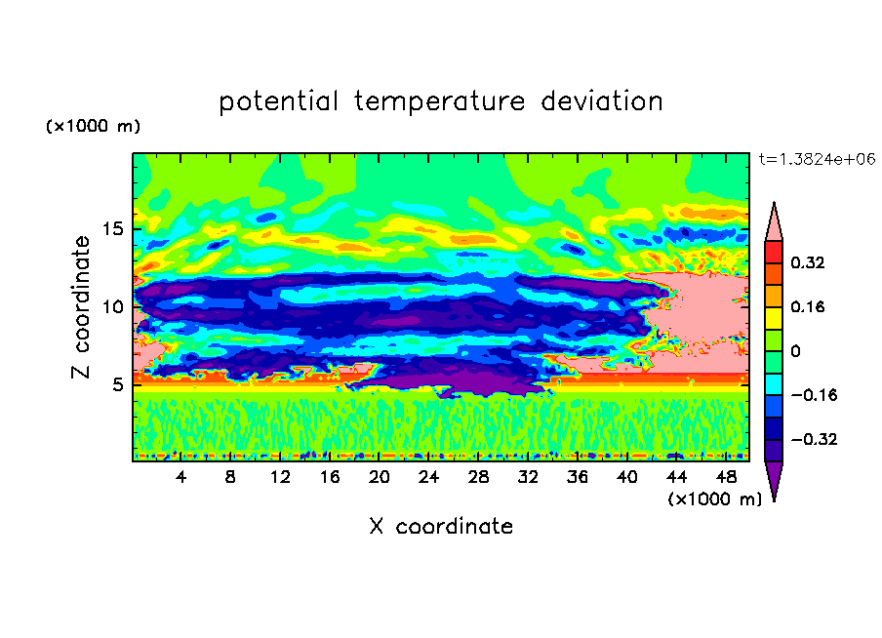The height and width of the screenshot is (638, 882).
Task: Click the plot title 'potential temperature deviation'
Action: [440, 102]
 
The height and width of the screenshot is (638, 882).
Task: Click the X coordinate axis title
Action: [441, 527]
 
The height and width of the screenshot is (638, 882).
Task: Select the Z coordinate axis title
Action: [81, 307]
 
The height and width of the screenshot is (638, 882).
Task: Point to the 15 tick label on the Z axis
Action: [113, 229]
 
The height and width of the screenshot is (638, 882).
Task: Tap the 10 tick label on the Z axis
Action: [113, 307]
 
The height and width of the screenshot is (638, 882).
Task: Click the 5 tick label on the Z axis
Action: [118, 384]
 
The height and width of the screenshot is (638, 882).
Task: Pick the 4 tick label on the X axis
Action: [180, 478]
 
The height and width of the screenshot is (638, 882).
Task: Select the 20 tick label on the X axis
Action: [380, 478]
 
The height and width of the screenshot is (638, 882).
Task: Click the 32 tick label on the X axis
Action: [528, 478]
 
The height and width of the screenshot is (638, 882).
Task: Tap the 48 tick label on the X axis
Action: [726, 478]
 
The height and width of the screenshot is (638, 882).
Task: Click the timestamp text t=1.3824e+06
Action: [817, 160]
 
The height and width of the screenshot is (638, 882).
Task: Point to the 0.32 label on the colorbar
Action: [808, 262]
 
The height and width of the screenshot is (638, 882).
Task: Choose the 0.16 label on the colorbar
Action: [808, 307]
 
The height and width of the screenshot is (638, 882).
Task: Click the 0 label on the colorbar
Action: [796, 351]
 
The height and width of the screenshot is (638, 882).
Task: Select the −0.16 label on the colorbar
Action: [814, 395]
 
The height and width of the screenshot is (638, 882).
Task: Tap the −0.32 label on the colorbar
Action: [814, 439]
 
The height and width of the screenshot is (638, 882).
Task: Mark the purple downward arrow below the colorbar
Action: [774, 478]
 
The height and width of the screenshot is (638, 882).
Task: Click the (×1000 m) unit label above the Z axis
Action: [94, 126]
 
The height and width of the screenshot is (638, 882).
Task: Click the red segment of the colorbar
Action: [774, 252]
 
